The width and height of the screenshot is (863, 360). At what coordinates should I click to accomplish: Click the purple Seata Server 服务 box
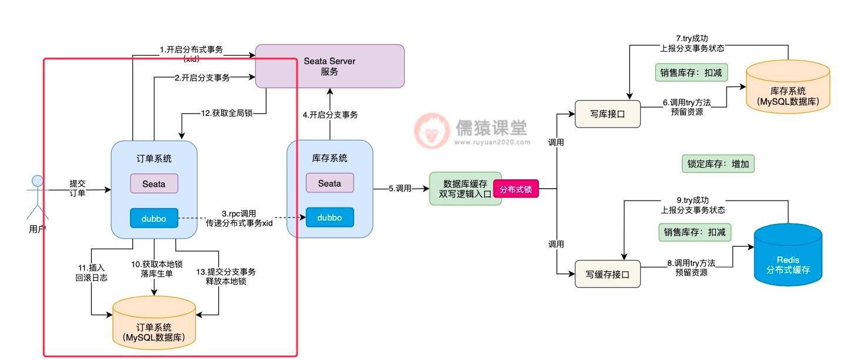coord(329,66)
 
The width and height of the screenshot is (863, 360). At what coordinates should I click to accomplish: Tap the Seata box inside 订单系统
coord(154,184)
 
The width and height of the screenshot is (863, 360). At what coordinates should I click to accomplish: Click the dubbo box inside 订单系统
coord(154,218)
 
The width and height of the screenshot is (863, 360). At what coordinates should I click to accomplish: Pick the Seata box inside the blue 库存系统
coord(329,183)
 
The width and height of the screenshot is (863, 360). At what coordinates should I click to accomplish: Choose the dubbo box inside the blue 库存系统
coord(329,218)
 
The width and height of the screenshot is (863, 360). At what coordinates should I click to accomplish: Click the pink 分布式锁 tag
coord(516,189)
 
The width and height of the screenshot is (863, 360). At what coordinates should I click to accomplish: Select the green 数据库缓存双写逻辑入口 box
coord(465,189)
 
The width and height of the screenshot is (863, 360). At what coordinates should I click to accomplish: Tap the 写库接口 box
coord(607,114)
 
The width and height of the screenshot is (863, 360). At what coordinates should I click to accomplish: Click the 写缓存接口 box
coord(607,274)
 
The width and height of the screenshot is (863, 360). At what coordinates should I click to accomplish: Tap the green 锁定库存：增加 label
coord(718,164)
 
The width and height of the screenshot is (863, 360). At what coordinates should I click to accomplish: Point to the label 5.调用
coord(400,189)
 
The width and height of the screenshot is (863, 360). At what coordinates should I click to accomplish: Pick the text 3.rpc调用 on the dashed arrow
coord(239,213)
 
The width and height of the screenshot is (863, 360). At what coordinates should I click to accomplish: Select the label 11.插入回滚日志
coord(92,272)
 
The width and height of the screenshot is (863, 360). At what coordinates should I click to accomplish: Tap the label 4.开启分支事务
coord(330,115)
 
